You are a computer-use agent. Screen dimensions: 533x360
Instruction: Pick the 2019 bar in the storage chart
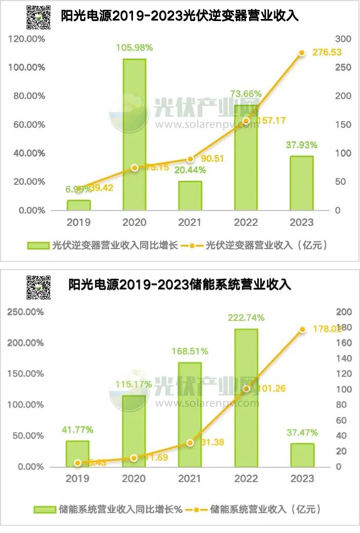pyautogui.click(x=78, y=454)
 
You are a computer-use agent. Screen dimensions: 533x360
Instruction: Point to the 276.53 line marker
pyautogui.click(x=302, y=53)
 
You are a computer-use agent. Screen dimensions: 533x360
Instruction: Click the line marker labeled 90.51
pyautogui.click(x=190, y=159)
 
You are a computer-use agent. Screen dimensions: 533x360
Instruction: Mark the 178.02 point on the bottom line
pyautogui.click(x=302, y=329)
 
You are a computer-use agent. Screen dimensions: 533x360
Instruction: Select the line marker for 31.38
pyautogui.click(x=190, y=443)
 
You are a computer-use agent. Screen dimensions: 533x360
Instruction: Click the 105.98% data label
pyautogui.click(x=135, y=48)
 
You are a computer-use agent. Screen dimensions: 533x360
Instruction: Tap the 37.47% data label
pyautogui.click(x=302, y=433)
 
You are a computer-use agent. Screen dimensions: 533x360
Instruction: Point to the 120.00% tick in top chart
pyautogui.click(x=27, y=39)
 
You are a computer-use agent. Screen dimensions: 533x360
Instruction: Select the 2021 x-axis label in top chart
pyautogui.click(x=190, y=222)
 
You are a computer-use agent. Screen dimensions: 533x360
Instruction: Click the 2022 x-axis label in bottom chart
pyautogui.click(x=246, y=479)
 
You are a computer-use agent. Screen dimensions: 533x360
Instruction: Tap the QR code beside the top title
pyautogui.click(x=39, y=17)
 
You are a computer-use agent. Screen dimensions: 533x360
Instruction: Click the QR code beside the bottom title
pyautogui.click(x=39, y=287)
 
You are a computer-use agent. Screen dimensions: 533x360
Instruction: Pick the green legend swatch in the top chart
pyautogui.click(x=39, y=245)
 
